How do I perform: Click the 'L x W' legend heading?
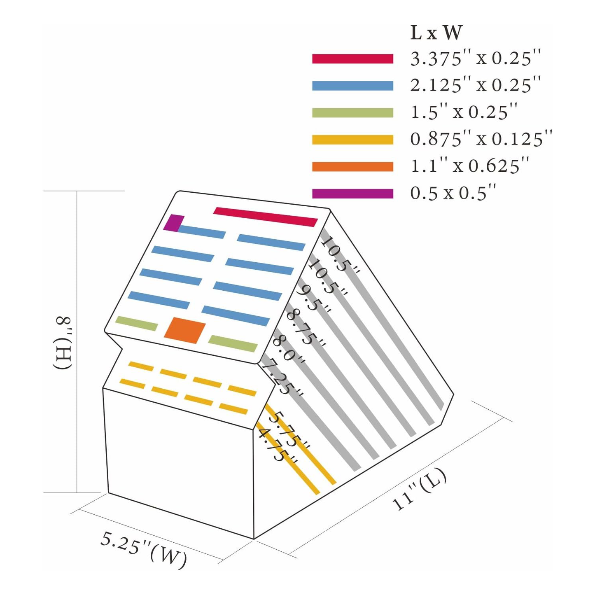click(x=436, y=33)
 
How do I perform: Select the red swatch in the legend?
click(x=352, y=58)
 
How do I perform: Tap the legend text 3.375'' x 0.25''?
click(x=476, y=58)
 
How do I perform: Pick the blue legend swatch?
click(x=352, y=86)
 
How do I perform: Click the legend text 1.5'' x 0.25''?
click(x=464, y=112)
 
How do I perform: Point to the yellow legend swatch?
click(x=352, y=140)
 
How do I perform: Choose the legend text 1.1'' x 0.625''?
click(x=470, y=166)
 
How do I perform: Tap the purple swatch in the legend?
click(x=352, y=194)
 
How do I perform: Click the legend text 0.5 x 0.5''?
click(x=453, y=193)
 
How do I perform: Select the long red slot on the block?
click(x=266, y=217)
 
